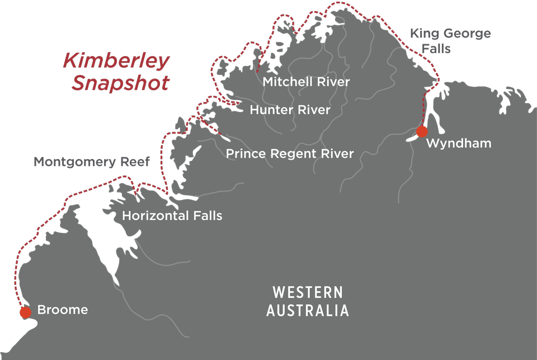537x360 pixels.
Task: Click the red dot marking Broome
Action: pyautogui.click(x=25, y=312)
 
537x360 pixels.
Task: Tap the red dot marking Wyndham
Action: pyautogui.click(x=422, y=132)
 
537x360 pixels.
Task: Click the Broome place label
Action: pyautogui.click(x=62, y=310)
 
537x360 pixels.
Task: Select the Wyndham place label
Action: pyautogui.click(x=459, y=143)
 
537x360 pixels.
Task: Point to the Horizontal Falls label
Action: pyautogui.click(x=172, y=216)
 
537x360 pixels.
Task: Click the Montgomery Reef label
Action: pyautogui.click(x=92, y=162)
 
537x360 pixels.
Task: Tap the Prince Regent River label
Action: pyautogui.click(x=290, y=153)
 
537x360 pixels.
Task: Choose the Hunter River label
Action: pyautogui.click(x=290, y=110)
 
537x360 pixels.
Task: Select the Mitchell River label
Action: pyautogui.click(x=306, y=82)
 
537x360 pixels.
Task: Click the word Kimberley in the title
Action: pyautogui.click(x=116, y=61)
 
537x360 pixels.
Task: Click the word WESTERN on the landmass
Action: pyautogui.click(x=307, y=292)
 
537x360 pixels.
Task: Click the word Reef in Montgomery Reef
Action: pyautogui.click(x=136, y=162)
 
